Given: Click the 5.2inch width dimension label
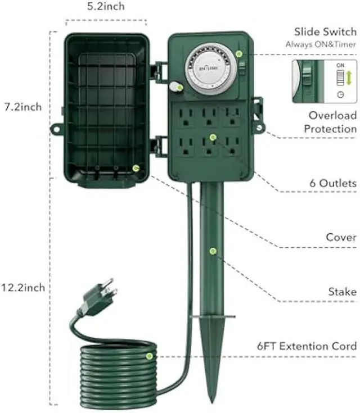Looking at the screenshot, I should (x=106, y=7).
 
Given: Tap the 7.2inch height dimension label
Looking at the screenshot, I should (x=22, y=107).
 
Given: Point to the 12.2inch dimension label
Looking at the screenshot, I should (x=22, y=288).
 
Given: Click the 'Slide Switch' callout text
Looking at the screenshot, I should (x=325, y=31).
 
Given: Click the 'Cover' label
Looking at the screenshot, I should (x=341, y=237).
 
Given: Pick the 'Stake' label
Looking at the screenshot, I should (x=342, y=292).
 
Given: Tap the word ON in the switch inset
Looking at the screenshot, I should (x=340, y=66).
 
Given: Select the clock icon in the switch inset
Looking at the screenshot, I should (x=340, y=94).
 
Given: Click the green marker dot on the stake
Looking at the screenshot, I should (x=213, y=252).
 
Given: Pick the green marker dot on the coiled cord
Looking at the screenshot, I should (x=149, y=356).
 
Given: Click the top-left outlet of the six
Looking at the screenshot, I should (x=186, y=117).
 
